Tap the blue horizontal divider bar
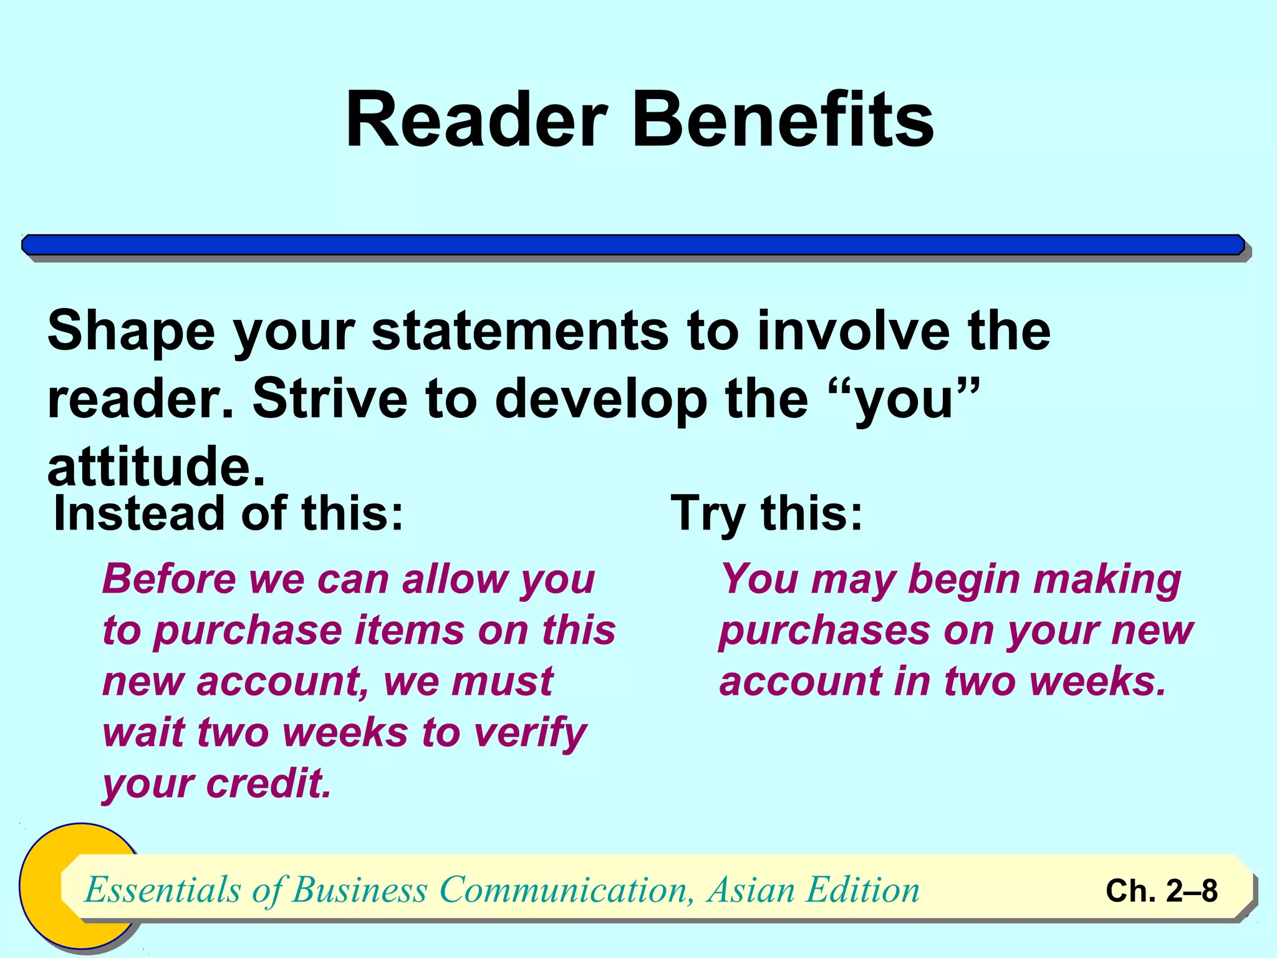point(633,245)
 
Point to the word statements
point(520,331)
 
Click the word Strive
point(330,399)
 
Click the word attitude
point(156,467)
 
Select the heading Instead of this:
point(229,513)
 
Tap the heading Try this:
point(766,513)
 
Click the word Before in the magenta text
point(169,579)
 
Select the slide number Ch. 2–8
point(1161,891)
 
